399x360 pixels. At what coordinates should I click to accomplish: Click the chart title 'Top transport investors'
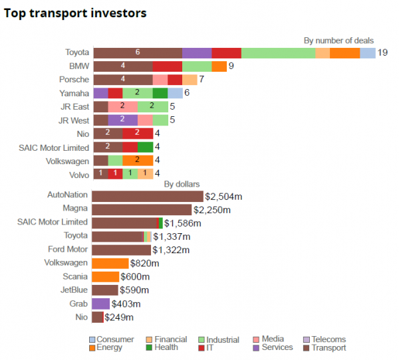[x=75, y=13]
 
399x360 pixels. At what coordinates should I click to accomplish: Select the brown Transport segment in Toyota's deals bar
[x=138, y=52]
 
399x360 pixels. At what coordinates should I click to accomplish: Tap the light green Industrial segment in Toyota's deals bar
[x=278, y=52]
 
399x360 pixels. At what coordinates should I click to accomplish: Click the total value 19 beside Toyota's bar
[x=382, y=52]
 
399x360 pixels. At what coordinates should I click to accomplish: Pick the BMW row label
[x=78, y=66]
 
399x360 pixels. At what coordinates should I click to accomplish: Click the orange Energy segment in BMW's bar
[x=219, y=66]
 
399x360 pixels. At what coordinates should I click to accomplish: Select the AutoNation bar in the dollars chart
[x=148, y=196]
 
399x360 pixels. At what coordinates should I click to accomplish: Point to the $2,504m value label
[x=223, y=196]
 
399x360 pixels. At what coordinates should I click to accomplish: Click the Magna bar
[x=141, y=209]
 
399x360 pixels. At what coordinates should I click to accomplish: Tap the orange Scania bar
[x=105, y=277]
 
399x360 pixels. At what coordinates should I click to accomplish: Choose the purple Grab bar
[x=100, y=304]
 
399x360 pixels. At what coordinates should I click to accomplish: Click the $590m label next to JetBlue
[x=134, y=290]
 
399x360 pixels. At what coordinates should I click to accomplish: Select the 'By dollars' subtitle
[x=182, y=184]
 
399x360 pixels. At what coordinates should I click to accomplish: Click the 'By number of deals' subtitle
[x=338, y=41]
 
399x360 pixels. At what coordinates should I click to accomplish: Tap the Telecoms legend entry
[x=327, y=339]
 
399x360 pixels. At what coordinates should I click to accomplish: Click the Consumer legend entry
[x=112, y=339]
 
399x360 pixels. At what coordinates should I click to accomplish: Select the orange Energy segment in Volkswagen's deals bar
[x=138, y=161]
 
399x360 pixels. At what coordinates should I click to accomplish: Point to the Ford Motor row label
[x=68, y=250]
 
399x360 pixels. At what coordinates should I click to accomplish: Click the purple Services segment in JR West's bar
[x=123, y=120]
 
